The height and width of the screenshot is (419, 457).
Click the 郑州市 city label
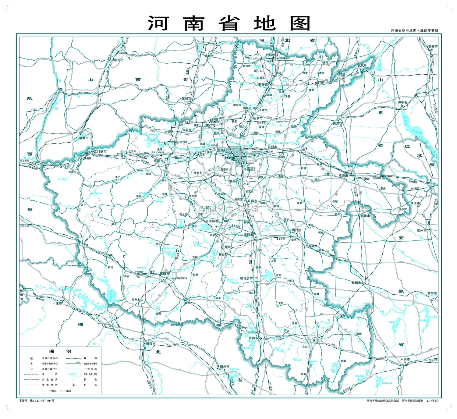(230, 158)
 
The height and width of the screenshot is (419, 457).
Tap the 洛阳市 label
(158, 161)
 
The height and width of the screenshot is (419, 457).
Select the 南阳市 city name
(165, 274)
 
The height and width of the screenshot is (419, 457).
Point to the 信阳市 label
(253, 338)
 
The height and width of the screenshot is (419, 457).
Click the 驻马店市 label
(246, 278)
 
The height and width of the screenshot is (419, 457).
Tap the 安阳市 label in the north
(281, 58)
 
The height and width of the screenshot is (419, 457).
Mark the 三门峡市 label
(100, 151)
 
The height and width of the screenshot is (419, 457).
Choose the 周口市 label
(296, 230)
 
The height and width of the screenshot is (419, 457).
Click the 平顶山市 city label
(212, 221)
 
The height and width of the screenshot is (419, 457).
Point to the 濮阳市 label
(319, 83)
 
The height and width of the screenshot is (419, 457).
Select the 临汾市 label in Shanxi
(119, 60)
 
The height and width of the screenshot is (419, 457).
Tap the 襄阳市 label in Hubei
(151, 343)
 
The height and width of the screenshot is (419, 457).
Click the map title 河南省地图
(229, 23)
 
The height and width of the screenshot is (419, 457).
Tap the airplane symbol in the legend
(73, 385)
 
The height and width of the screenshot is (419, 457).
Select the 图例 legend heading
(60, 351)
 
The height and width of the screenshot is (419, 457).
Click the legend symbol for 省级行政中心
(31, 358)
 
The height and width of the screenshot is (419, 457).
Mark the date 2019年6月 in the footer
(432, 401)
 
